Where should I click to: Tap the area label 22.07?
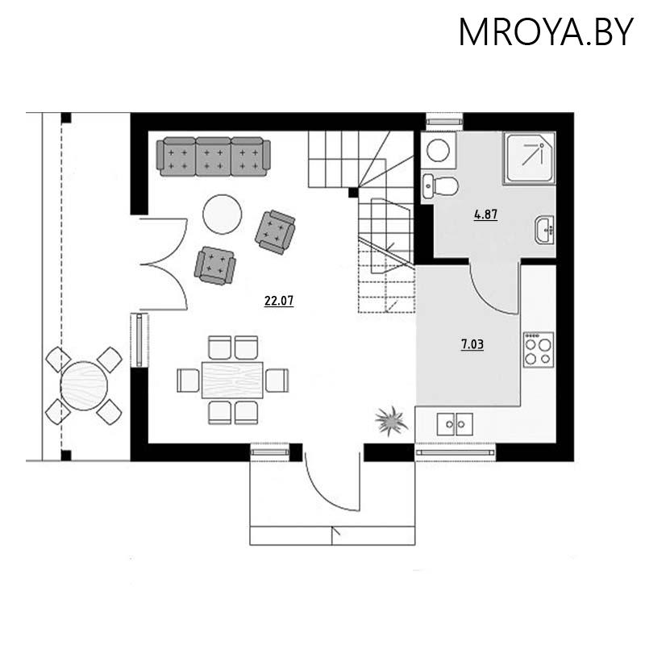tap(279, 302)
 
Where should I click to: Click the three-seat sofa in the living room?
tap(214, 156)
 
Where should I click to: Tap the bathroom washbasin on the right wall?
tap(546, 230)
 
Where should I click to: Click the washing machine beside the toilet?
tap(440, 149)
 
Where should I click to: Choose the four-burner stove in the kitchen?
tap(538, 348)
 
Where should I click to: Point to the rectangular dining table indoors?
tap(232, 379)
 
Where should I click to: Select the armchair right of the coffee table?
tap(275, 231)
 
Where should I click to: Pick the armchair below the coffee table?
tap(214, 264)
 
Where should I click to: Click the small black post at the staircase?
tap(352, 193)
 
